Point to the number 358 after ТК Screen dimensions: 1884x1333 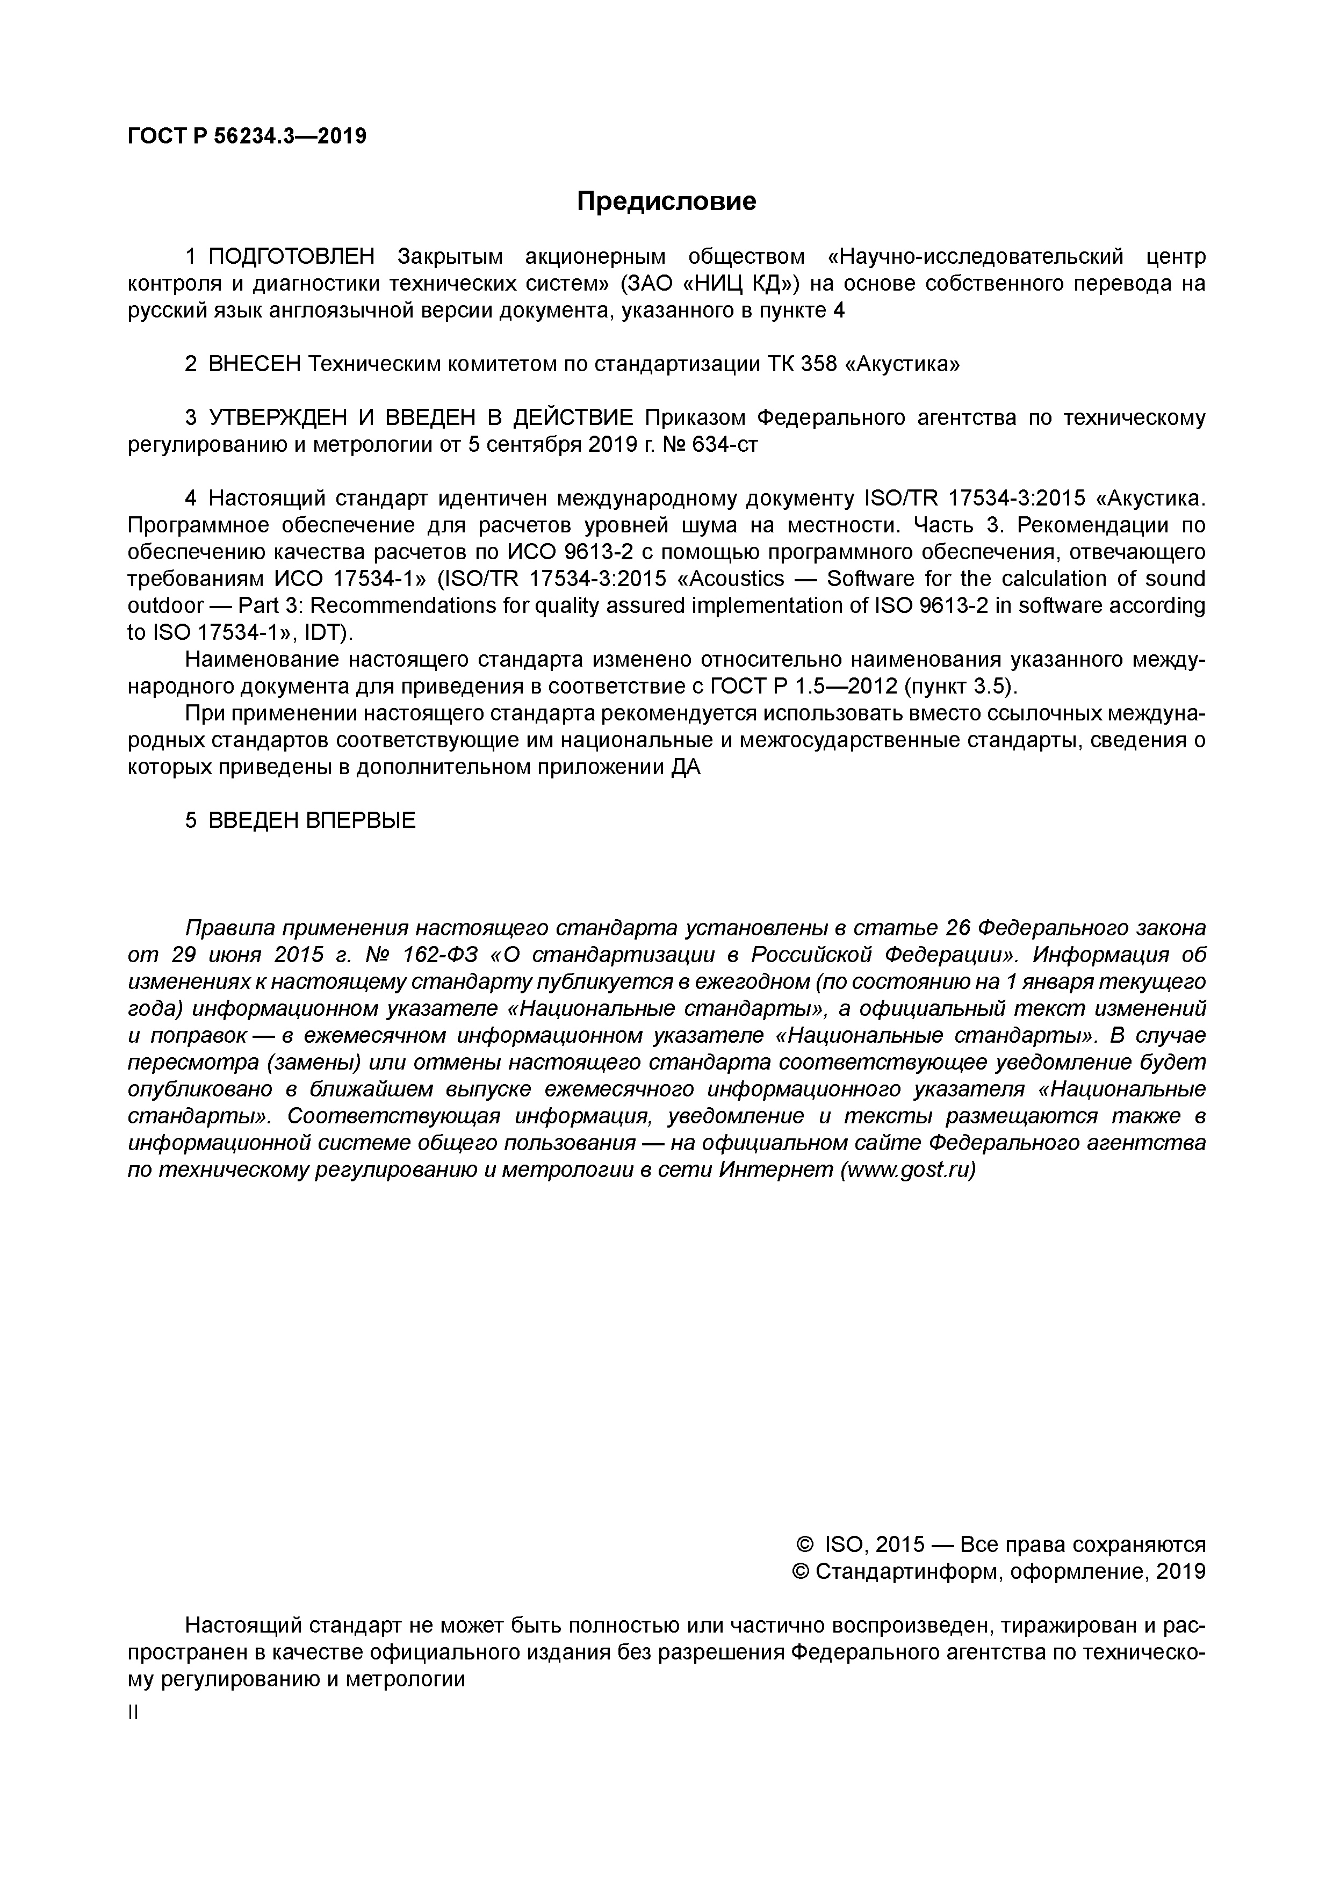818,364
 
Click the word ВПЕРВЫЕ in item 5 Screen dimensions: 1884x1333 361,820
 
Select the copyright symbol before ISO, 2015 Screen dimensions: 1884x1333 804,1545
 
